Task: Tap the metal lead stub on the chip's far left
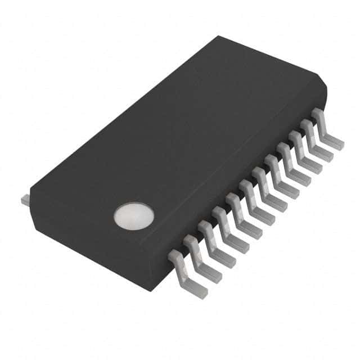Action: tap(25, 200)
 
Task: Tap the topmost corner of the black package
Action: tap(218, 37)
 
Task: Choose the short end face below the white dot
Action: tap(84, 247)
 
